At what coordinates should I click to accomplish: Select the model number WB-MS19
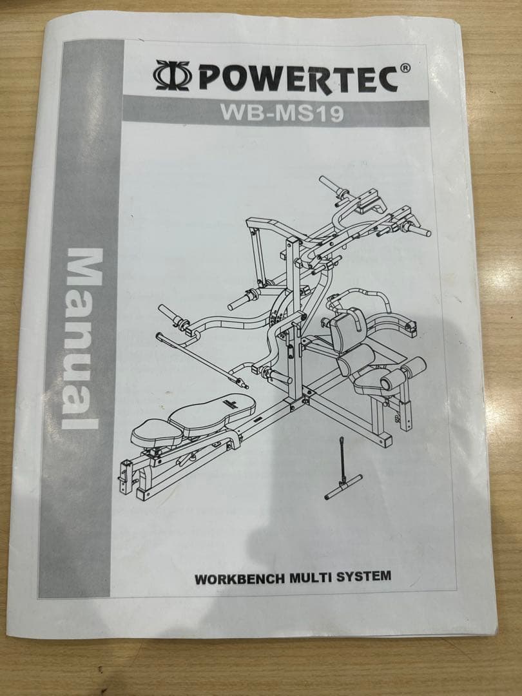click(x=281, y=111)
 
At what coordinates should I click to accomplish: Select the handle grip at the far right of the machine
click(x=418, y=229)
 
